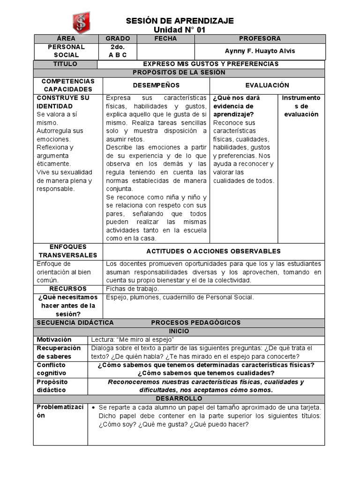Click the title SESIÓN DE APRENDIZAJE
(x=180, y=21)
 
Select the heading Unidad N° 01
(x=180, y=30)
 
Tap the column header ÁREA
(x=66, y=39)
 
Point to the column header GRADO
(x=118, y=39)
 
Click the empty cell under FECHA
(x=165, y=51)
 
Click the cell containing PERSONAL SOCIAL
(x=66, y=51)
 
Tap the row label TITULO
(x=66, y=64)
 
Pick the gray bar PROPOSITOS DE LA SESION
(x=179, y=73)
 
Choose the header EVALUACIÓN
(x=267, y=85)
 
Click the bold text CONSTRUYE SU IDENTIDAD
(x=63, y=102)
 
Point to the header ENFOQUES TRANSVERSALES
(x=67, y=251)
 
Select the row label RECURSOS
(x=68, y=289)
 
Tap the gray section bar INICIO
(x=179, y=331)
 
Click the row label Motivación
(x=54, y=339)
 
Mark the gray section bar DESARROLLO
(x=179, y=398)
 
